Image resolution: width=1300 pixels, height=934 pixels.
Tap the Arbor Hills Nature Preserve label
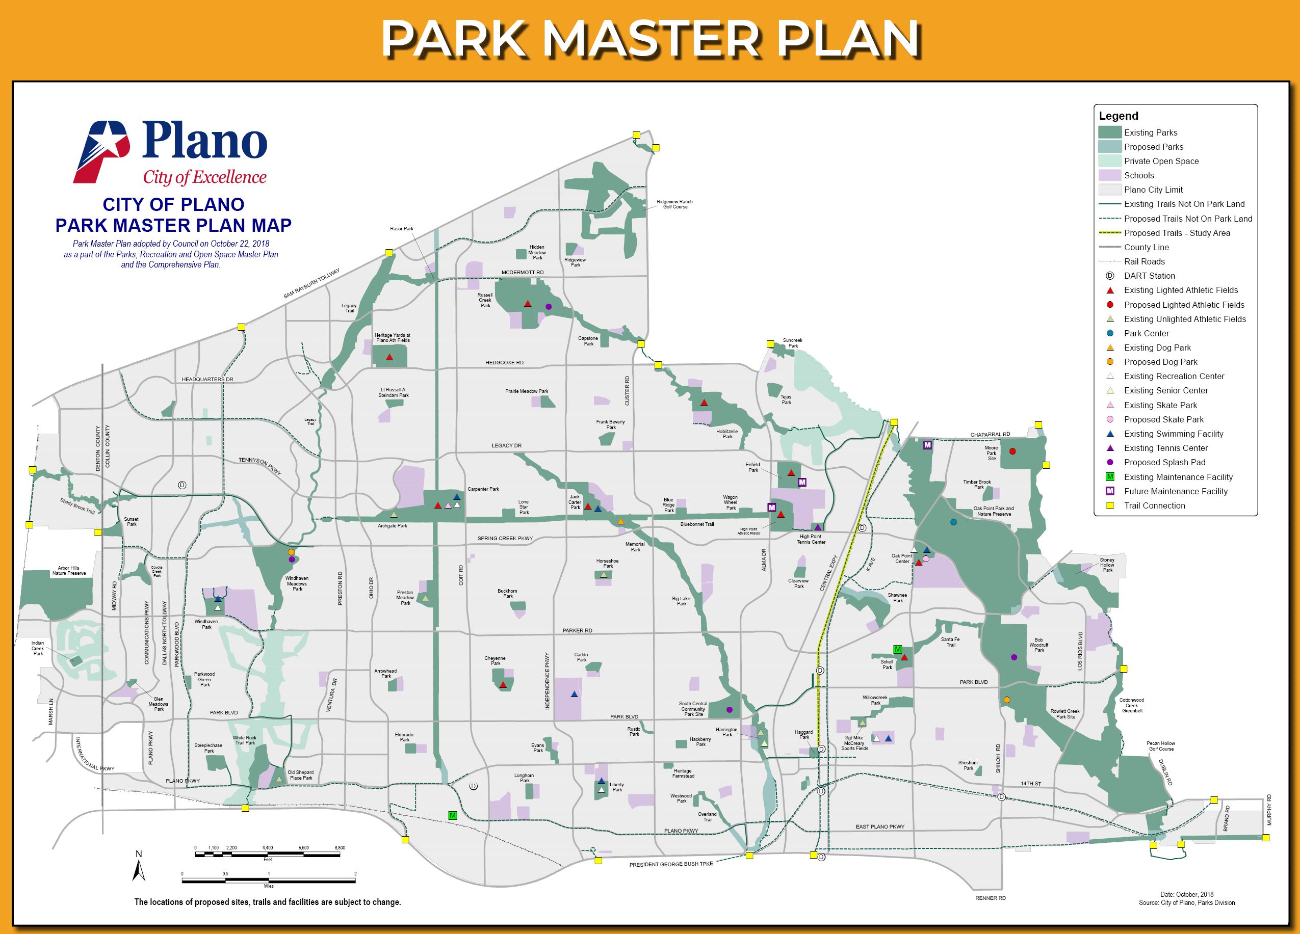click(69, 570)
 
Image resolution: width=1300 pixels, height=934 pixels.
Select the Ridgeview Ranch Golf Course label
click(674, 204)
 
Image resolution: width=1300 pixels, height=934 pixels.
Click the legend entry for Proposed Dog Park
click(1161, 362)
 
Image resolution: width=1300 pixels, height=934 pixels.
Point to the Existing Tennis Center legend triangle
click(1110, 448)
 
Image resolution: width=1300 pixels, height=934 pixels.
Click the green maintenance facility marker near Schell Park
click(898, 649)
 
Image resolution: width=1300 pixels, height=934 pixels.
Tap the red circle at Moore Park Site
click(1012, 451)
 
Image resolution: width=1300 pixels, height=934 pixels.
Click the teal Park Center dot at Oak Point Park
click(953, 522)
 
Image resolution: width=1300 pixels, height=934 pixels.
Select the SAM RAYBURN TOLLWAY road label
click(311, 284)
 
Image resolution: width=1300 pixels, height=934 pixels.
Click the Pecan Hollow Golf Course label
click(1161, 745)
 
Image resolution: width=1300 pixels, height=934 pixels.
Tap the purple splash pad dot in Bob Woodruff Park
click(1014, 657)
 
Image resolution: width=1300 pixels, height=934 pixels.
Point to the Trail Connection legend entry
click(1154, 505)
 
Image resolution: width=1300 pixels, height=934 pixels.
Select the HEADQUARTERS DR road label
click(207, 379)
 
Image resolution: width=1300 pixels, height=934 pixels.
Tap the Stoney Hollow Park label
click(1107, 565)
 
